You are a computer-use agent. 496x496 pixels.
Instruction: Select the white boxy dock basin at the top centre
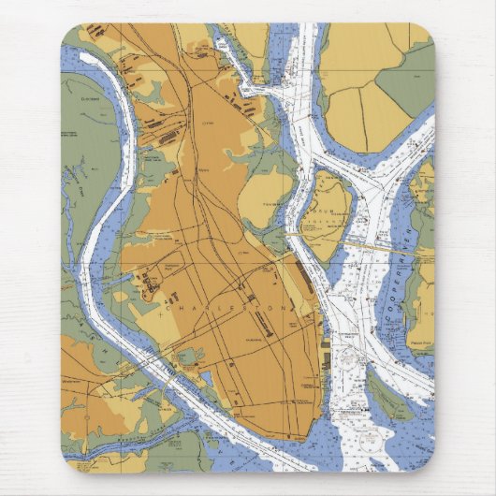point(253,88)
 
